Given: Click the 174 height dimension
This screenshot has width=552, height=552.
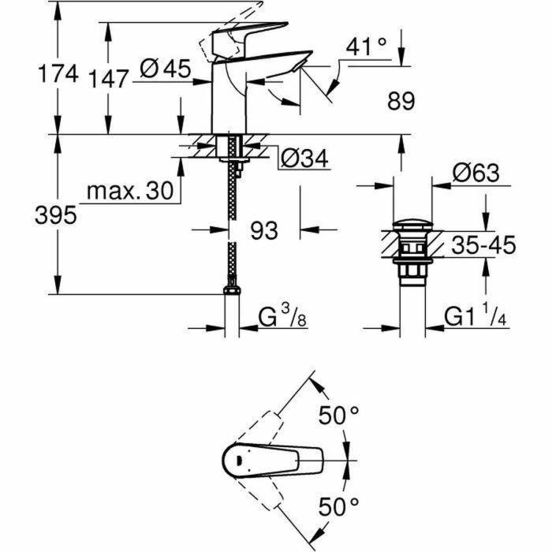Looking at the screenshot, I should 60,75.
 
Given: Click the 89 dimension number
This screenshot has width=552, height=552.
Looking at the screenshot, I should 400,100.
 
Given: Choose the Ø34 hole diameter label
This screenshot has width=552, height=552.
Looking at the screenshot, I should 304,159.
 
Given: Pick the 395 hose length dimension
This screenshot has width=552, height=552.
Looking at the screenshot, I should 60,214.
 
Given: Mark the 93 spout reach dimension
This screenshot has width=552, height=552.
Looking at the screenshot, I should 265,230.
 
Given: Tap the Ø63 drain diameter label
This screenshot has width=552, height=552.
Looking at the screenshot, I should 476,173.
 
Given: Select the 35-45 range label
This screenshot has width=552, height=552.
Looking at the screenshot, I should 483,245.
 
